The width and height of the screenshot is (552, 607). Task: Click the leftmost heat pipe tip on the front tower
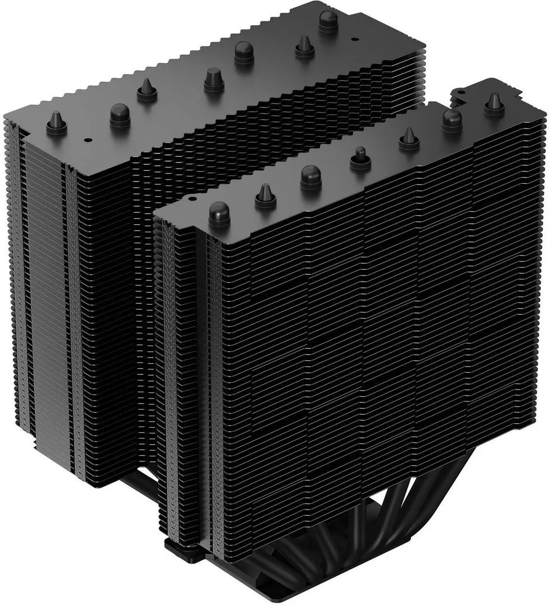click(x=220, y=213)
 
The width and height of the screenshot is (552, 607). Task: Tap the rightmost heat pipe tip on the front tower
click(x=494, y=102)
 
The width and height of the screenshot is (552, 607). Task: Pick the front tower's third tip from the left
click(x=311, y=175)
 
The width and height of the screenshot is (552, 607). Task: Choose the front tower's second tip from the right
click(x=451, y=119)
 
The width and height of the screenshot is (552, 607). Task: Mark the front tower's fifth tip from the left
click(x=409, y=138)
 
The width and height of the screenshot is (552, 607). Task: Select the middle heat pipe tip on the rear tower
click(x=214, y=79)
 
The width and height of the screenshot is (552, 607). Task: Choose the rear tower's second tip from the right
click(x=304, y=46)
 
